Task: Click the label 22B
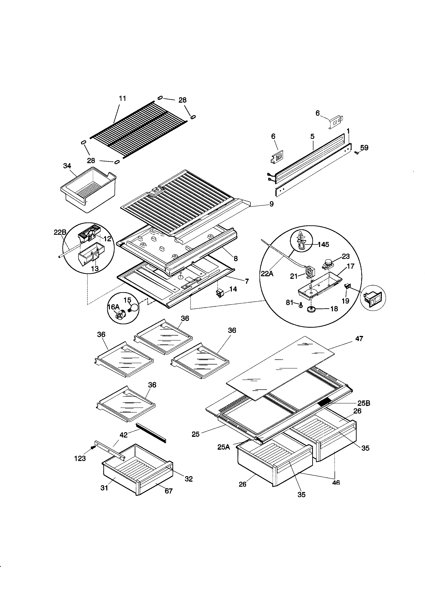[60, 232]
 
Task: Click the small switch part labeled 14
[219, 293]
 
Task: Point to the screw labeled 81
[301, 305]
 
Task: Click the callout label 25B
[364, 403]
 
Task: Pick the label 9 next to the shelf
[271, 204]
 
